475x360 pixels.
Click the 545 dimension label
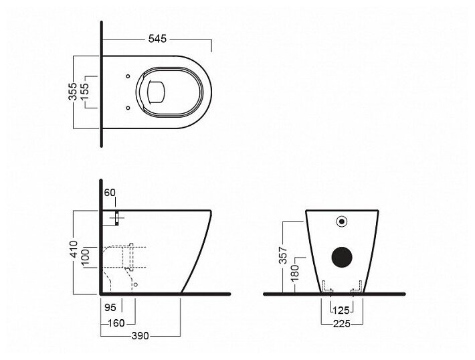pyautogui.click(x=157, y=39)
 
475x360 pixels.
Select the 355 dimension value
pyautogui.click(x=73, y=91)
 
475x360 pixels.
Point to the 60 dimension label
pyautogui.click(x=109, y=193)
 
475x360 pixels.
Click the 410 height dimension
pyautogui.click(x=73, y=249)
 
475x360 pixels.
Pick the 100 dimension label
pyautogui.click(x=86, y=257)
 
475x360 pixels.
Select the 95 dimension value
pyautogui.click(x=110, y=307)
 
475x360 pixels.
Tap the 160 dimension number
pyautogui.click(x=116, y=323)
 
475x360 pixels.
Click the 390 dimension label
pyautogui.click(x=140, y=335)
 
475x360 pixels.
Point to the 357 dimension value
pyautogui.click(x=282, y=254)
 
